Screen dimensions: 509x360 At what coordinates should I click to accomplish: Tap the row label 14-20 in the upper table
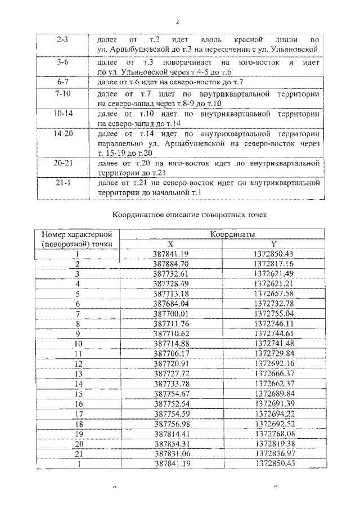pyautogui.click(x=62, y=134)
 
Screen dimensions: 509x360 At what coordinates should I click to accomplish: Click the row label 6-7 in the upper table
pyautogui.click(x=62, y=83)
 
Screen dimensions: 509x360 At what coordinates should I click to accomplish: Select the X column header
pyautogui.click(x=171, y=244)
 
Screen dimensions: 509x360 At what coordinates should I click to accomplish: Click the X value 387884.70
pyautogui.click(x=171, y=263)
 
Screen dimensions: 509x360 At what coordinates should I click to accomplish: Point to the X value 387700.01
pyautogui.click(x=171, y=313)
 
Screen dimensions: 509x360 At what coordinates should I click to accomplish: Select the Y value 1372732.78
pyautogui.click(x=274, y=303)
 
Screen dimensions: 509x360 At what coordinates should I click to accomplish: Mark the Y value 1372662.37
pyautogui.click(x=274, y=383)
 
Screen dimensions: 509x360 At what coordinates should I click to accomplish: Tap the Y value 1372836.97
pyautogui.click(x=274, y=453)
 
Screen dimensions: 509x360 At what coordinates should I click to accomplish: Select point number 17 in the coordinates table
pyautogui.click(x=78, y=413)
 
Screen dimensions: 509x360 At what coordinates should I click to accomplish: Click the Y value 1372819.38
pyautogui.click(x=274, y=443)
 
